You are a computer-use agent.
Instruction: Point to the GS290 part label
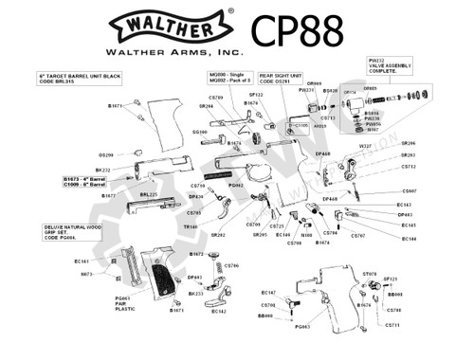(106, 154)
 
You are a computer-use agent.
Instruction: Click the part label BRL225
(149, 194)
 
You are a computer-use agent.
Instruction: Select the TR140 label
(191, 227)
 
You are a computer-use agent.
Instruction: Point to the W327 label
(366, 147)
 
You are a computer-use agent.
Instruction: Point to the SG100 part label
(199, 133)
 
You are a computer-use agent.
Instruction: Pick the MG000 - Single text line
(224, 73)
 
